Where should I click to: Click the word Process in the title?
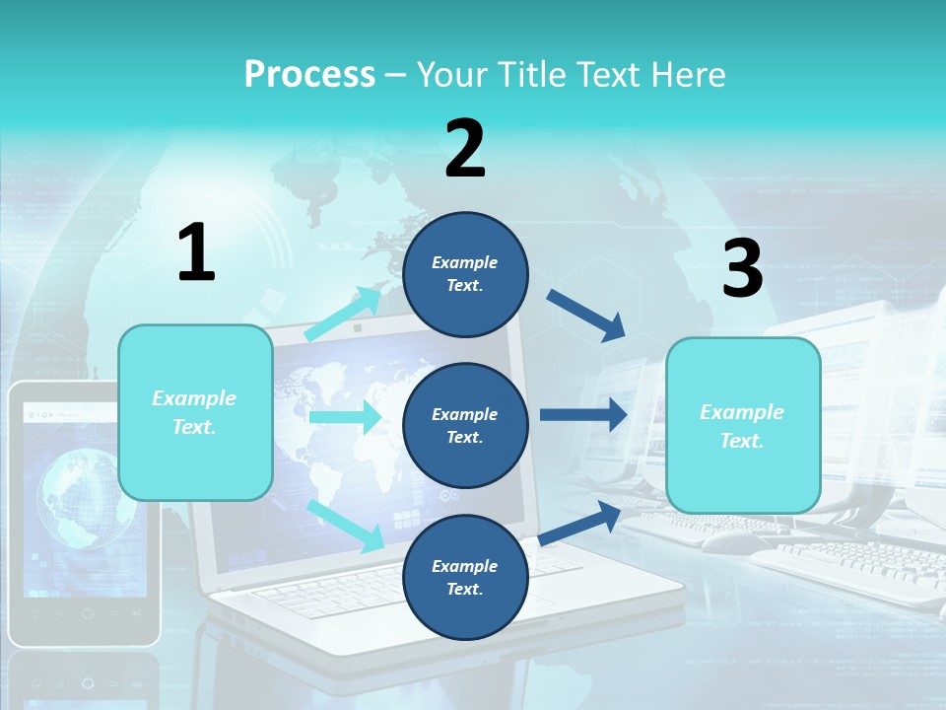[x=309, y=75]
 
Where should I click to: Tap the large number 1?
[x=195, y=252]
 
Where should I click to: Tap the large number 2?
[x=465, y=149]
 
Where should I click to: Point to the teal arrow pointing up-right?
[x=344, y=313]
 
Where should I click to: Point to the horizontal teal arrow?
[x=345, y=417]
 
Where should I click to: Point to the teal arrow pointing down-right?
[x=345, y=525]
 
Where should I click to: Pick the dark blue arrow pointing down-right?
[x=586, y=315]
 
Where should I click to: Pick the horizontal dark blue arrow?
[x=583, y=414]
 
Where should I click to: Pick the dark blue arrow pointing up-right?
[x=579, y=521]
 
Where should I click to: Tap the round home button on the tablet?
[x=88, y=613]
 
